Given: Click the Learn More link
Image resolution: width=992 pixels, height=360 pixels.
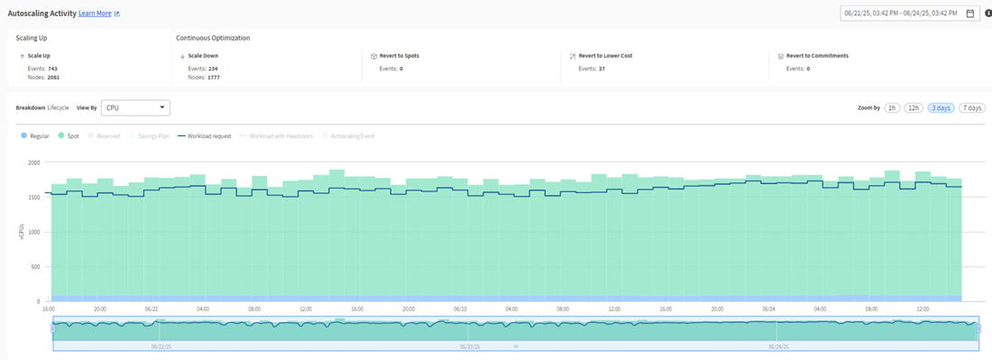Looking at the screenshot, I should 95,14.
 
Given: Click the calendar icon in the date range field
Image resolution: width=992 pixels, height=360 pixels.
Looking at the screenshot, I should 969,14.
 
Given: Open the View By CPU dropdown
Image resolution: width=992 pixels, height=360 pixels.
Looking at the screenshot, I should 135,107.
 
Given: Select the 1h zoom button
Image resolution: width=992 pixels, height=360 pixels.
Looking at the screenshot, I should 892,107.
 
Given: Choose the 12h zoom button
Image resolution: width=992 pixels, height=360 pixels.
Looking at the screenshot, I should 914,107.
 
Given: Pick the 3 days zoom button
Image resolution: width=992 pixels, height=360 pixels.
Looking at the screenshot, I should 941,107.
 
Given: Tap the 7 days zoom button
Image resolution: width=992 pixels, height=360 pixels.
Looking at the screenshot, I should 971,107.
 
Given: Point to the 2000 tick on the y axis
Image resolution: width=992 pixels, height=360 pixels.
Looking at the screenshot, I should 33,162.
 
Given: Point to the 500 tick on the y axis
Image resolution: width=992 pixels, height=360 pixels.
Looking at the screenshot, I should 36,267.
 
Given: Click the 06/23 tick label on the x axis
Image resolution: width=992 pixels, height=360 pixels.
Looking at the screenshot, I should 460,309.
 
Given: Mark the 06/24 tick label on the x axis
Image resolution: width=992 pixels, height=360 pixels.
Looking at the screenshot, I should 768,309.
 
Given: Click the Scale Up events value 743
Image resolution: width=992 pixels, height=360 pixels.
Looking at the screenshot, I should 53,68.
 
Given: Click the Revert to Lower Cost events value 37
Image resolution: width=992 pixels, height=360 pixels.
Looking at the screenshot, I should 602,68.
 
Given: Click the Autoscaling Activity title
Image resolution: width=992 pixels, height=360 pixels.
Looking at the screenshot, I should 41,14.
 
